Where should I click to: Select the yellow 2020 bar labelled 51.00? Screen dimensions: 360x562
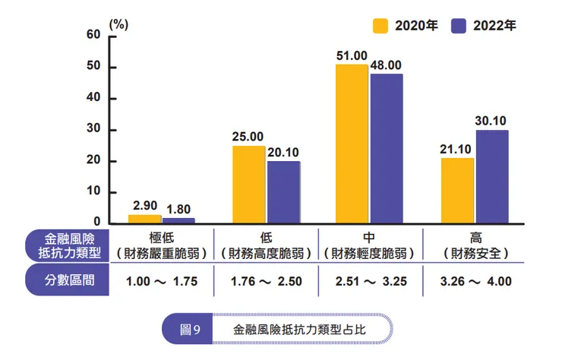coord(352,144)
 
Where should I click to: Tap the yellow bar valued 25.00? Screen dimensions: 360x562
coord(248,185)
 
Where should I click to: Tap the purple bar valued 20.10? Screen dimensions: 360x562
coord(283,192)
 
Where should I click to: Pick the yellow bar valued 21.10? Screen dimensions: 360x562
coord(457,191)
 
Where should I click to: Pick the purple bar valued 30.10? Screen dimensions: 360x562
coord(491,177)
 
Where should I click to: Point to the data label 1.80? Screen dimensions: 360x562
coord(178,210)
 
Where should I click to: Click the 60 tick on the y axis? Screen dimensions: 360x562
coord(93,35)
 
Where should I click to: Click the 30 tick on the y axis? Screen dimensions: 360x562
coord(93,130)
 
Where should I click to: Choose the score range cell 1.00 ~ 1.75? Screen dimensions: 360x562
coord(161,281)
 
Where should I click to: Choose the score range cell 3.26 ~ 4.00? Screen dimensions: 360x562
coord(475,281)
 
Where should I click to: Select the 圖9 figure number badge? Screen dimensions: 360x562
coord(190,330)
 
